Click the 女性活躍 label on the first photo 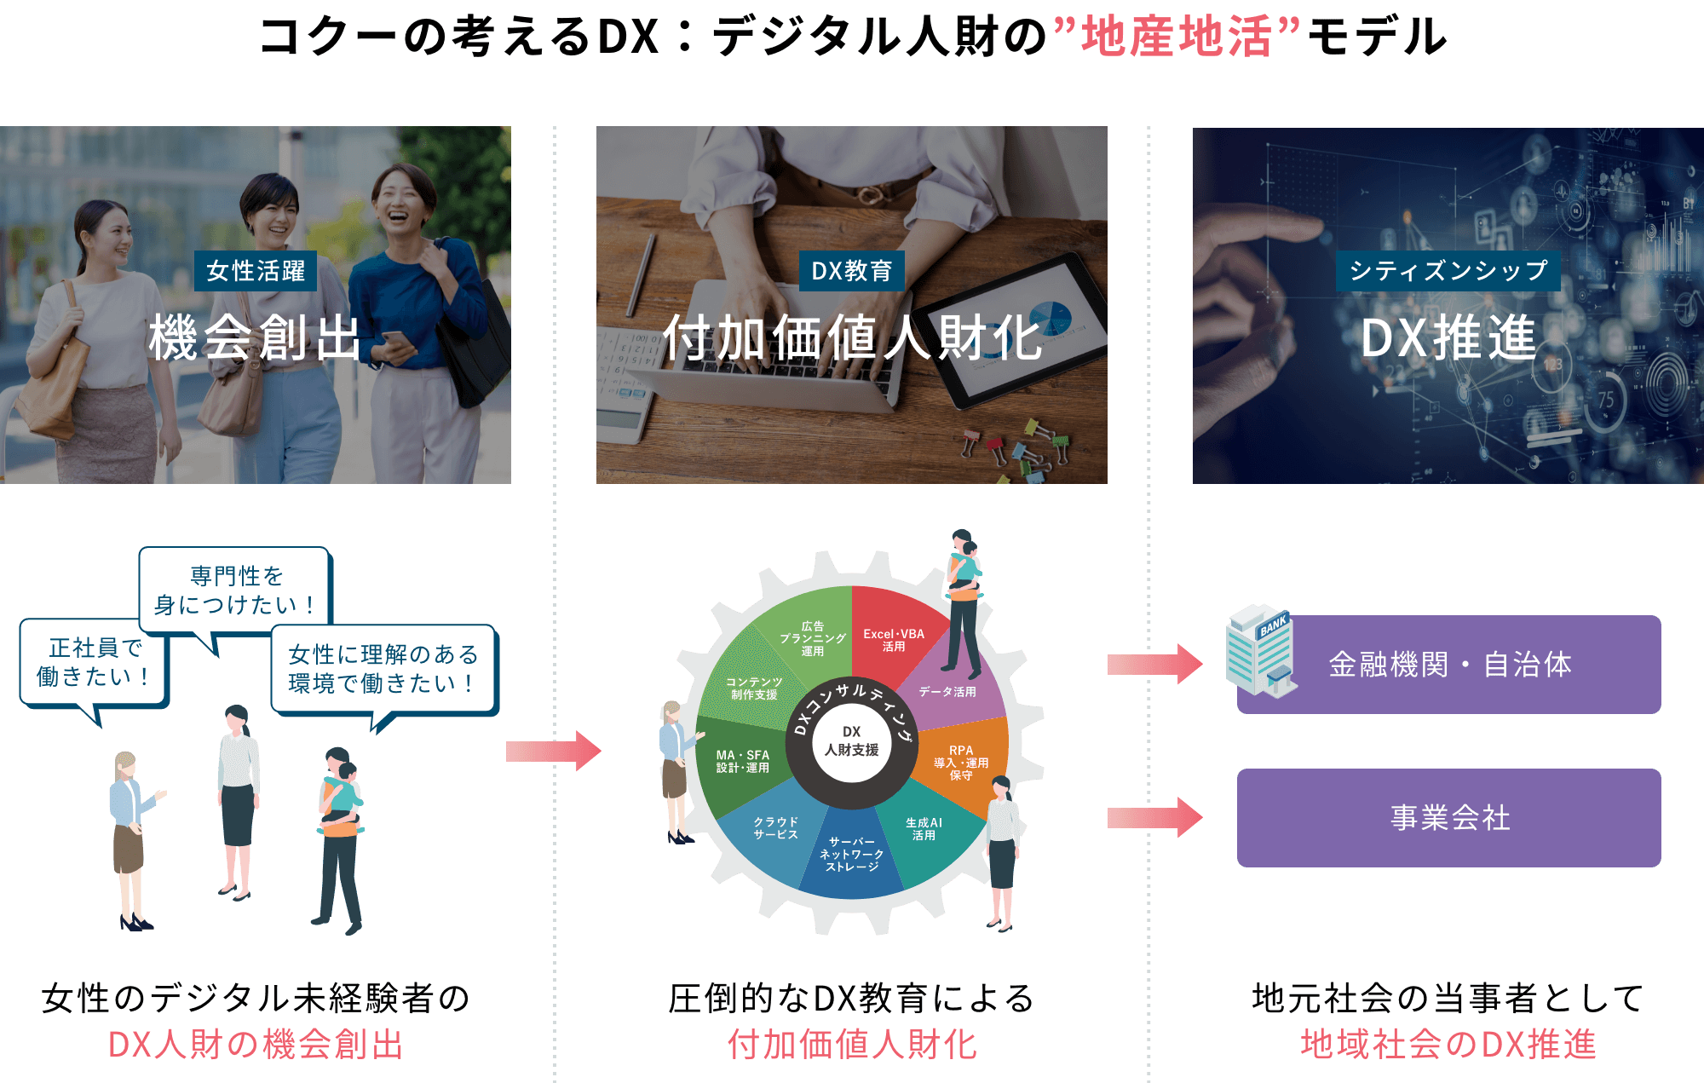(x=256, y=271)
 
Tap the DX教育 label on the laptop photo (x=851, y=271)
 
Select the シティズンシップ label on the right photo (x=1448, y=271)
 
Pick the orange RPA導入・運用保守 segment (x=961, y=762)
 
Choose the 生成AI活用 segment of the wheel (x=924, y=829)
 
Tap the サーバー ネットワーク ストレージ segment (x=851, y=854)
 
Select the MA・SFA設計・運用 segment (x=742, y=761)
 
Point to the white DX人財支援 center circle (x=851, y=741)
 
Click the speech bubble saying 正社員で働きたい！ (x=94, y=662)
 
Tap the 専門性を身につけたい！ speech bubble (x=235, y=590)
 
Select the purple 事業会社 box (x=1448, y=818)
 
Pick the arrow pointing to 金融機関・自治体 (x=1154, y=664)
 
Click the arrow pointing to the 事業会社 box (x=1154, y=818)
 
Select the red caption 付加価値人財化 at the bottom (x=851, y=1045)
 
